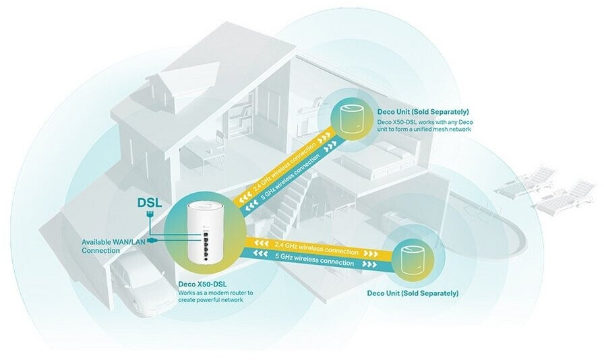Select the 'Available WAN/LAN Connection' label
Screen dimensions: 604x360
tap(109, 246)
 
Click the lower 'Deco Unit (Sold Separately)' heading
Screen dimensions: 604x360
tap(413, 294)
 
